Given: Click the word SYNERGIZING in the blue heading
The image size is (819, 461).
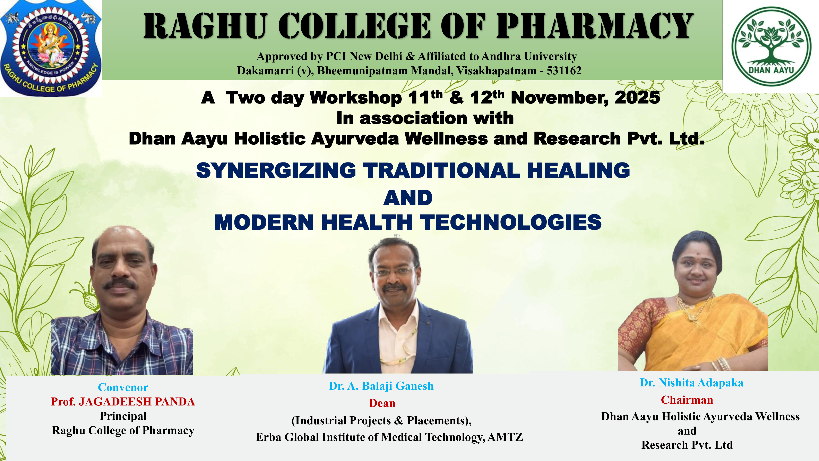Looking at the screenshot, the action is click(276, 170).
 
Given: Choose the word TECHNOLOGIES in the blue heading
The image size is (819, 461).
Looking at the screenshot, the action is click(511, 222).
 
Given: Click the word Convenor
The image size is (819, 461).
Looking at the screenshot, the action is click(123, 387).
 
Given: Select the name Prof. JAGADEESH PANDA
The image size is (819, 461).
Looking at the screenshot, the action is click(123, 402).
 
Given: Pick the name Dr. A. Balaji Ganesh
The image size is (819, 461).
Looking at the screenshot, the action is click(381, 386).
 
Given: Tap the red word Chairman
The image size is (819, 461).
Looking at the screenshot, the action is click(687, 400).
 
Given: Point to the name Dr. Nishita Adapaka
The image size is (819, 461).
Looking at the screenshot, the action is click(691, 383).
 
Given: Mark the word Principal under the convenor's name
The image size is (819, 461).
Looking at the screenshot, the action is click(123, 416).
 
